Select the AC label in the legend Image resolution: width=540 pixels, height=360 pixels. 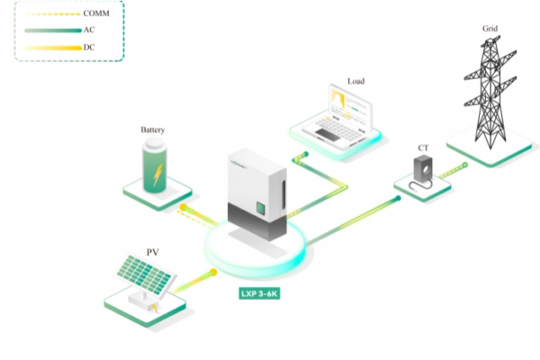tap(87, 30)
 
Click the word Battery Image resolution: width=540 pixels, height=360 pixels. tap(153, 130)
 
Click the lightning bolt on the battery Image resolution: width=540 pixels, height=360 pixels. tap(156, 170)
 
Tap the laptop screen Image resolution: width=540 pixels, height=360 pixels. tap(348, 105)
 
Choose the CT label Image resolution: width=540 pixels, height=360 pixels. tap(423, 147)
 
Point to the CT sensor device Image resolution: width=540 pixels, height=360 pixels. tap(422, 169)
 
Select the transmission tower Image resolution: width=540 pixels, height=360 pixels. tap(487, 94)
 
